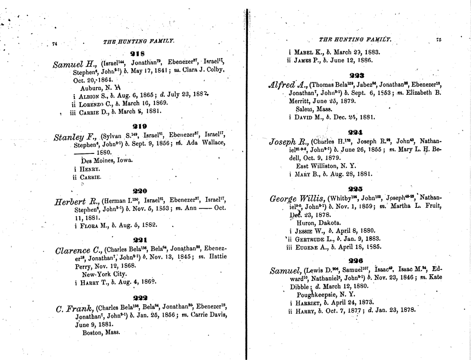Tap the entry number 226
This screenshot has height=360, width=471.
point(356,261)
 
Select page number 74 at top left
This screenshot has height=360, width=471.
point(54,43)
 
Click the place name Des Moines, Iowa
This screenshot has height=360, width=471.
point(107,160)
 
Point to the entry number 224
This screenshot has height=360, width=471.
point(355,133)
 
